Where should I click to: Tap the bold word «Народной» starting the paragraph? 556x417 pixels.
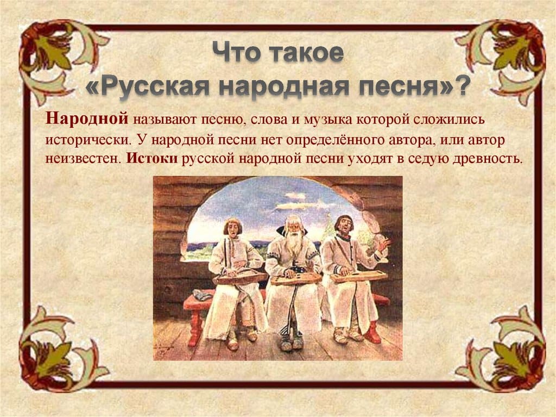point(86,119)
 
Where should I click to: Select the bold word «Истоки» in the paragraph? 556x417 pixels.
point(152,158)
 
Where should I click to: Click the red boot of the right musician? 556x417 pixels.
point(372,332)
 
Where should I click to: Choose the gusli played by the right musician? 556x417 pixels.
point(358,276)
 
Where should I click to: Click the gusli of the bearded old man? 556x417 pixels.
point(295,279)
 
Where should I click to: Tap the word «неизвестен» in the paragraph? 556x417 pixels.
point(84,158)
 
